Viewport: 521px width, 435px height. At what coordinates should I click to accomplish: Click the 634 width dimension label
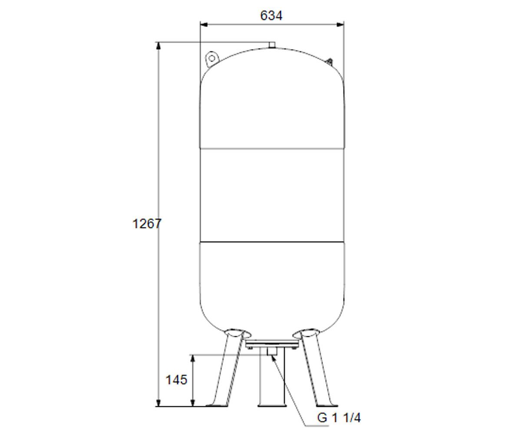271,16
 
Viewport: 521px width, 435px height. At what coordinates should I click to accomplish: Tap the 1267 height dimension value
147,224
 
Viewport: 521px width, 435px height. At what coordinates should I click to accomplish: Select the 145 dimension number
176,380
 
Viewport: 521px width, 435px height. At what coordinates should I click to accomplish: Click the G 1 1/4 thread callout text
339,418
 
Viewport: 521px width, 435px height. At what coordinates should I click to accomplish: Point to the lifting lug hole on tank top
211,58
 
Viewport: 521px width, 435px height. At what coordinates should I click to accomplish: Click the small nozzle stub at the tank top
272,45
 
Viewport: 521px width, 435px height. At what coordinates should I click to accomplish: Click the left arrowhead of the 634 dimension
204,24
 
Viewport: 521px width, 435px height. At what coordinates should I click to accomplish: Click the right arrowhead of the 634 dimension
340,24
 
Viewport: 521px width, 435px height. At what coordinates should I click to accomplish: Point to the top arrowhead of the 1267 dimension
158,46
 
